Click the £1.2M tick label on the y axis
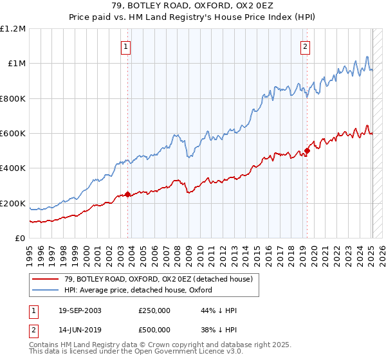tap(13, 29)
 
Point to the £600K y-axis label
tap(13, 134)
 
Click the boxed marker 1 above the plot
tap(125, 46)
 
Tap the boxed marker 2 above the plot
tap(304, 46)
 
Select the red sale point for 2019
tap(308, 151)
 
